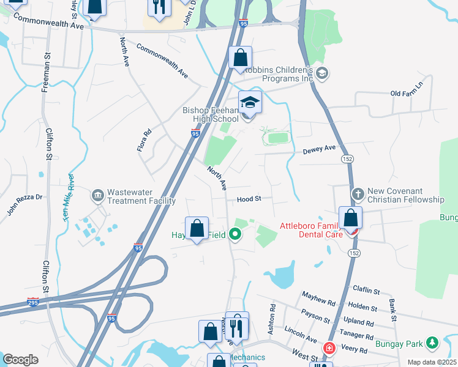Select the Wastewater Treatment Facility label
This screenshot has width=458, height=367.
click(141, 196)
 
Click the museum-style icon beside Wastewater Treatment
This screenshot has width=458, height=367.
click(97, 196)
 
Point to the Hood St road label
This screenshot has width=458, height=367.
click(249, 199)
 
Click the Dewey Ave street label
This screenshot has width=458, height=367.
click(320, 149)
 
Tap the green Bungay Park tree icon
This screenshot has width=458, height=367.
click(432, 341)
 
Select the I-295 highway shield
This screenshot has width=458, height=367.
click(33, 302)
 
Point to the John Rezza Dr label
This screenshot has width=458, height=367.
click(25, 205)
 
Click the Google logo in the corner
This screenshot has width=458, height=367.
click(20, 360)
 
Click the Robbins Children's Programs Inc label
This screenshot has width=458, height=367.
click(279, 74)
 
